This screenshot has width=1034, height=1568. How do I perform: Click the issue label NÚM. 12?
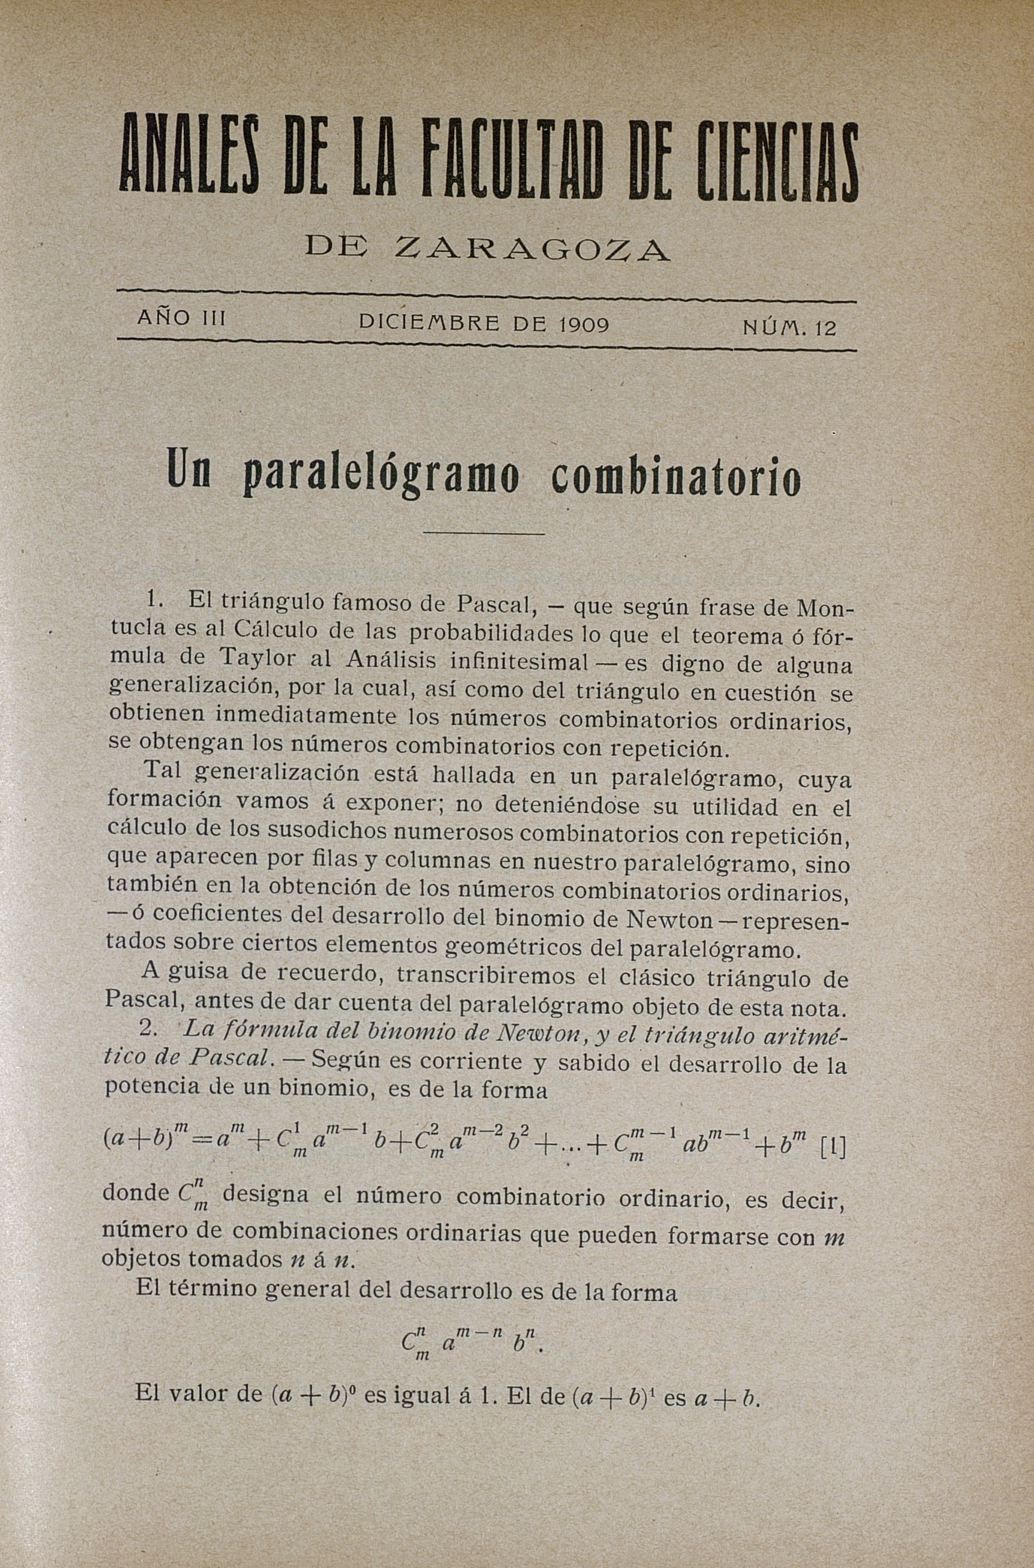[x=790, y=328]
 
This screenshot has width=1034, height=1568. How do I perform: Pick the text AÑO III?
[x=182, y=319]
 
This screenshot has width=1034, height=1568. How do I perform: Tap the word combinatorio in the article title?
[x=677, y=476]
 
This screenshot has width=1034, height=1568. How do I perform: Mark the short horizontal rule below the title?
[x=483, y=533]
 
